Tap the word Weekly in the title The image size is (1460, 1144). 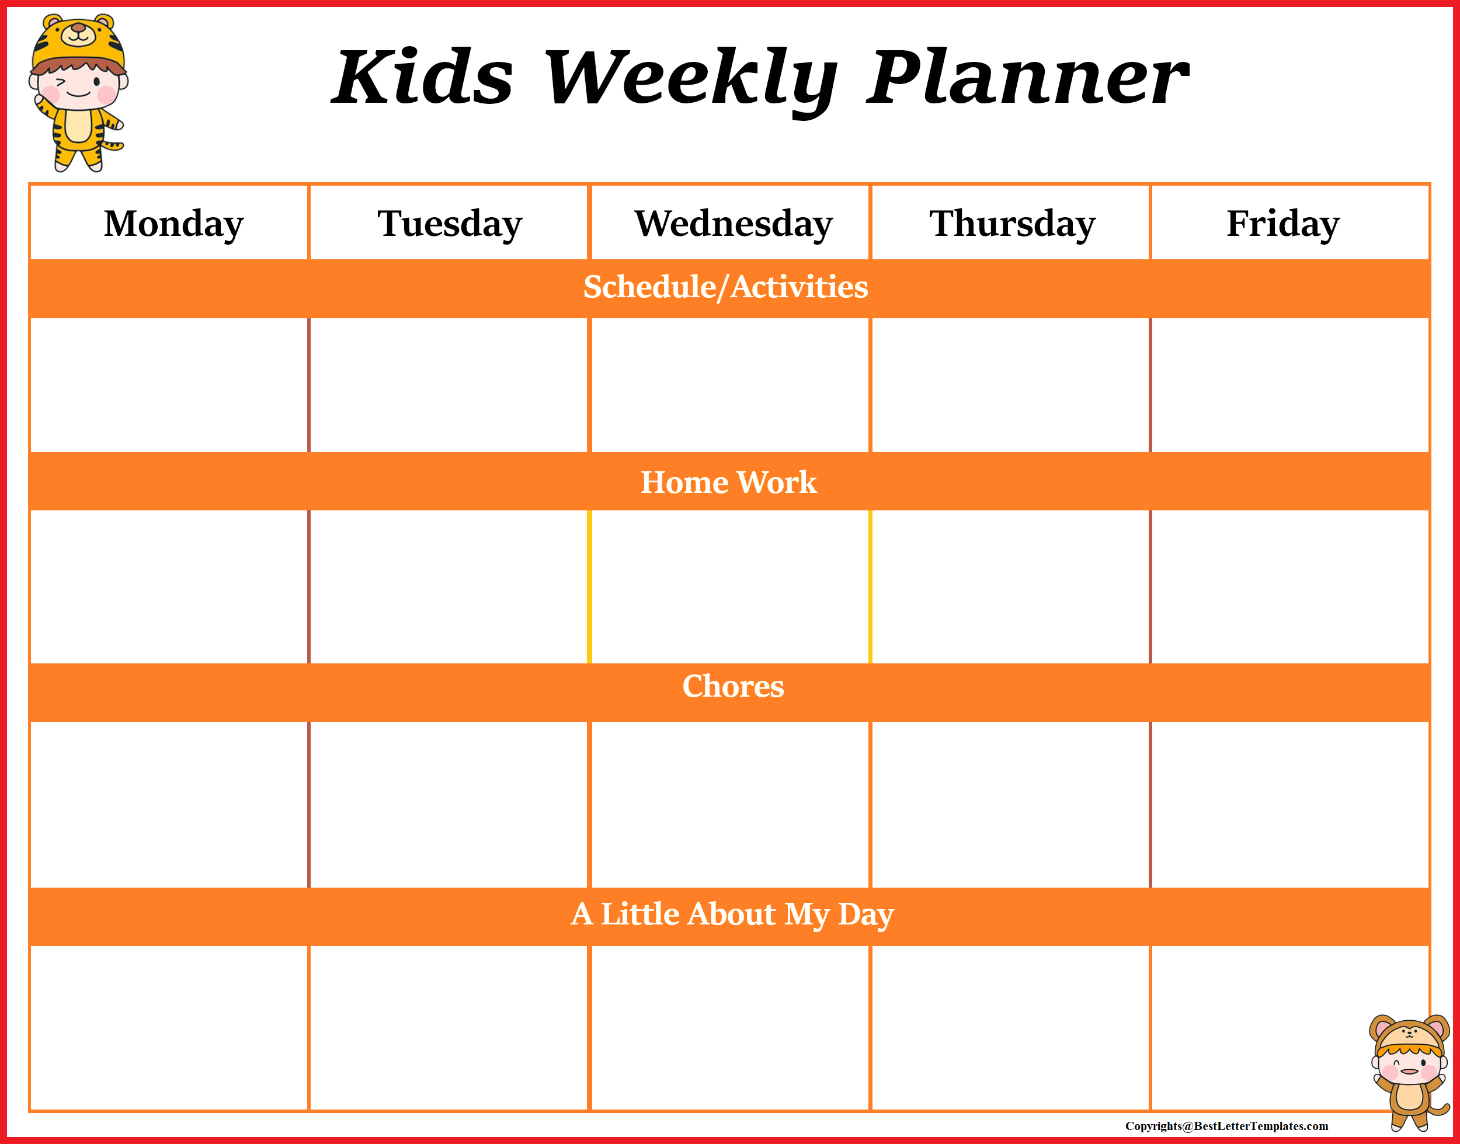click(x=690, y=79)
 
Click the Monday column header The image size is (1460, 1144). click(x=173, y=223)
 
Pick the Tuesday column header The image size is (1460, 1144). click(x=449, y=223)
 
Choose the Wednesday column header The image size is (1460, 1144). click(x=734, y=223)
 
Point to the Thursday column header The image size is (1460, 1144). click(x=1012, y=223)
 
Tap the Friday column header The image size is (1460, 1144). click(x=1282, y=223)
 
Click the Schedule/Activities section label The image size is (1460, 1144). click(x=725, y=287)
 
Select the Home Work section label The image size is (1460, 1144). click(x=729, y=482)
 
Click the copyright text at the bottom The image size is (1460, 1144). click(x=1226, y=1126)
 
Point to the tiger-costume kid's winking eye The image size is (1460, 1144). click(x=60, y=84)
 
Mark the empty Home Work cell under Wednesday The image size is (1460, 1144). click(x=730, y=587)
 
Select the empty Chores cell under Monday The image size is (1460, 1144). click(x=169, y=804)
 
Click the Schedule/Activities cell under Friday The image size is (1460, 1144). click(x=1290, y=385)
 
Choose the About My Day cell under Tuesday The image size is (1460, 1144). click(x=449, y=1028)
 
